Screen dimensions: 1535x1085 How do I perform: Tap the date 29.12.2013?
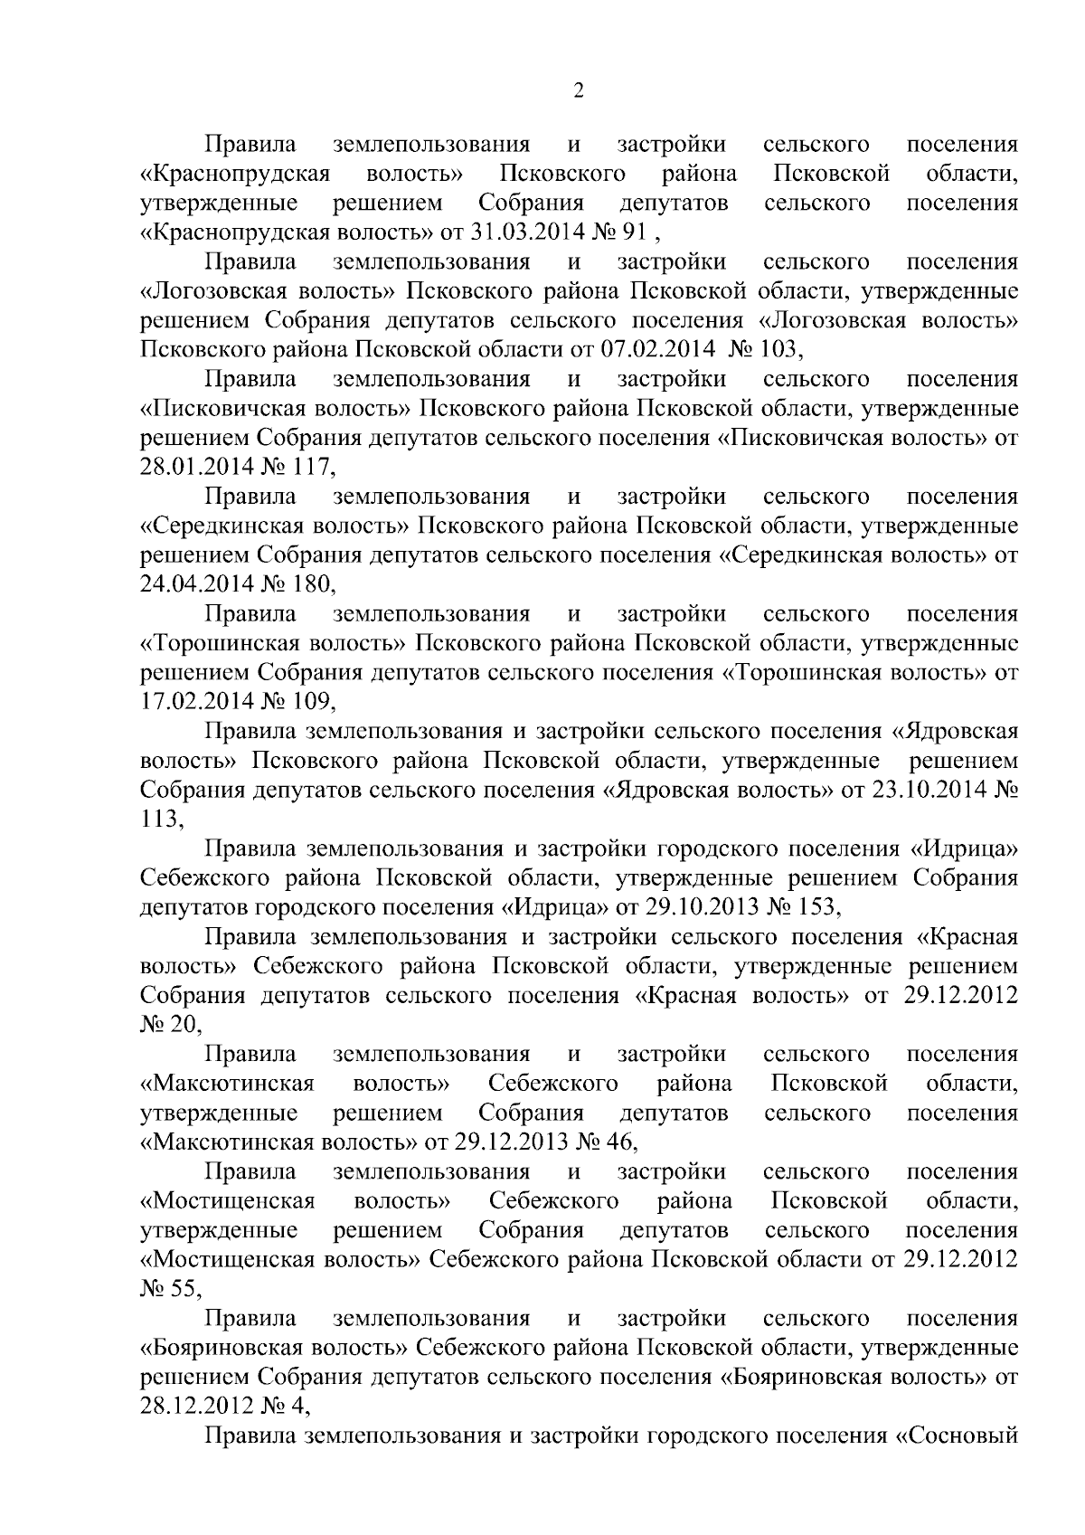click(x=513, y=1142)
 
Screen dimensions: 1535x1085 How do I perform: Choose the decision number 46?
click(x=619, y=1142)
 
